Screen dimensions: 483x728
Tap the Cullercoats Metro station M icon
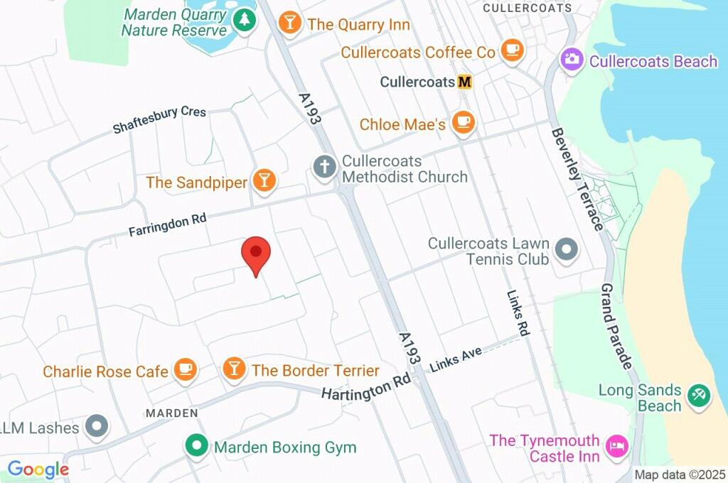(464, 82)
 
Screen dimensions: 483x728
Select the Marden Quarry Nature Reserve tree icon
(245, 21)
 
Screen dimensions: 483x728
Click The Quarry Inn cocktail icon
(290, 23)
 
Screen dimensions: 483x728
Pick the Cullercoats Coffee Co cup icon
(511, 50)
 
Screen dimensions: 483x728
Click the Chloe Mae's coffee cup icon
(464, 122)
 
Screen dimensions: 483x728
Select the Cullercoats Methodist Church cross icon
(325, 168)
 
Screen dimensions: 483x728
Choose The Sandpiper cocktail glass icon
(264, 180)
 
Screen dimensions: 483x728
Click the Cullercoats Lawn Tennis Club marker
(567, 249)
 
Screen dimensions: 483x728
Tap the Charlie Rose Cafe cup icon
(185, 369)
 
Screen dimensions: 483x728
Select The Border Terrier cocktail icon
(233, 369)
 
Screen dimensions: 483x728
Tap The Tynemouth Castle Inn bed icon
(616, 447)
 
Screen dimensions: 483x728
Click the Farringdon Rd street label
(167, 227)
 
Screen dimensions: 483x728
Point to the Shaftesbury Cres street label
(159, 121)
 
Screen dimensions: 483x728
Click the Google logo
(38, 470)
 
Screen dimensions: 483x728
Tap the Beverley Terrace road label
(577, 178)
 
